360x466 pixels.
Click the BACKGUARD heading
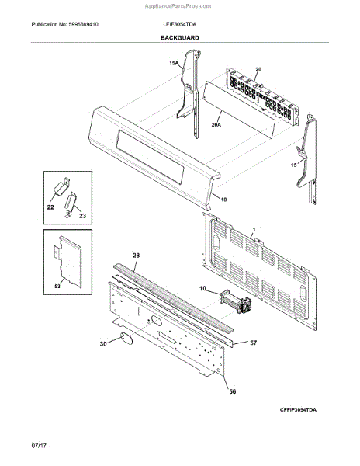coord(179,38)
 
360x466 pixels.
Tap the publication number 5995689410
coord(83,24)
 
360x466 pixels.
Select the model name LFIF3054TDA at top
coord(179,24)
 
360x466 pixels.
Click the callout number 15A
coord(174,63)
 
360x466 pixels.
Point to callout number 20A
coord(216,125)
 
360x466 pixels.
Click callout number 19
coord(223,200)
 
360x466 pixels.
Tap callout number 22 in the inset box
coord(50,207)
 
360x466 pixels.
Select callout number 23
coord(82,216)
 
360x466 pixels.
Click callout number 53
coord(57,286)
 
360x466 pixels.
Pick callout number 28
coord(137,256)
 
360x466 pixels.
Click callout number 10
coord(202,288)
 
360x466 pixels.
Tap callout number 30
coord(103,344)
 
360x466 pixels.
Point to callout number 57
coord(253,343)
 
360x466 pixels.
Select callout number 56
coord(233,391)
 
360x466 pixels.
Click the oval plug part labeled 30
coord(126,339)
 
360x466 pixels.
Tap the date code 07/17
coord(39,446)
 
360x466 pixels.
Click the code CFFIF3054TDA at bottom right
coord(298,410)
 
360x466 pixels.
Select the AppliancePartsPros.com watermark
coord(178,6)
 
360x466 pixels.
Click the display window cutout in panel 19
coord(150,157)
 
